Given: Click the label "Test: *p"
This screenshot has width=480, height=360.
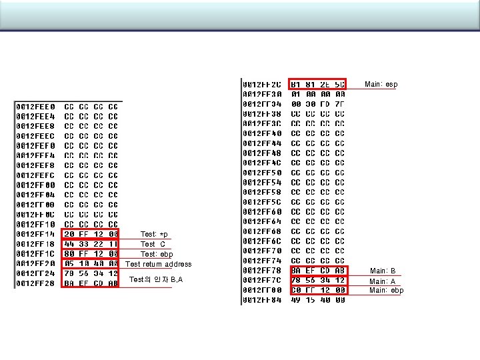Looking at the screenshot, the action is (155, 234).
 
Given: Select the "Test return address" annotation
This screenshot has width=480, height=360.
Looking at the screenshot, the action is (159, 264).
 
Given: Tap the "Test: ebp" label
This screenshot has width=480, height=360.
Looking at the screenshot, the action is (157, 254).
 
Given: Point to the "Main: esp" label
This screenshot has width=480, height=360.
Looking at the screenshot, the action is (381, 84).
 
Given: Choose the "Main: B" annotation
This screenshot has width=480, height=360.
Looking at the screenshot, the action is (383, 271).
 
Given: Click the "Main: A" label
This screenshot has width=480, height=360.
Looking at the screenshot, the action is (383, 281).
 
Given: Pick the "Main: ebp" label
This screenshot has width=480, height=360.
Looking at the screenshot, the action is (387, 291).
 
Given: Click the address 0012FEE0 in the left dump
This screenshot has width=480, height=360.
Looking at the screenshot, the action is (37, 107).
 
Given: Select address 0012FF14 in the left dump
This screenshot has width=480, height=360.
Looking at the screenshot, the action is (37, 234).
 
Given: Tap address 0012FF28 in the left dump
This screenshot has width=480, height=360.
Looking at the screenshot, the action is (37, 283).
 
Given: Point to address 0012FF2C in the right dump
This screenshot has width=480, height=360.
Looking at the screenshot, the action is (263, 85).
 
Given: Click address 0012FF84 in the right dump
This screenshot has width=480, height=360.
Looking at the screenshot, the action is (263, 300).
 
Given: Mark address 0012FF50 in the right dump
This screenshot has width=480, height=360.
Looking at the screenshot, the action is (263, 173).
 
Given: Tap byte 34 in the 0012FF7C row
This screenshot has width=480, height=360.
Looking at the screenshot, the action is (325, 281).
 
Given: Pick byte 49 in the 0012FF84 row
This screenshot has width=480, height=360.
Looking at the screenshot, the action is (295, 300).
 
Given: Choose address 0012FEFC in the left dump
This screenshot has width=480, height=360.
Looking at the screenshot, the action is (37, 175).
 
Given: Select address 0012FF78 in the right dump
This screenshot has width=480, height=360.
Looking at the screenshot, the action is (263, 271).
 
